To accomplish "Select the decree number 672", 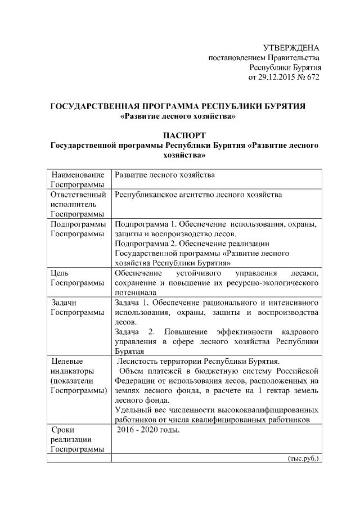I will [x=312, y=77].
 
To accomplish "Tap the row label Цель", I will [x=59, y=273].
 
